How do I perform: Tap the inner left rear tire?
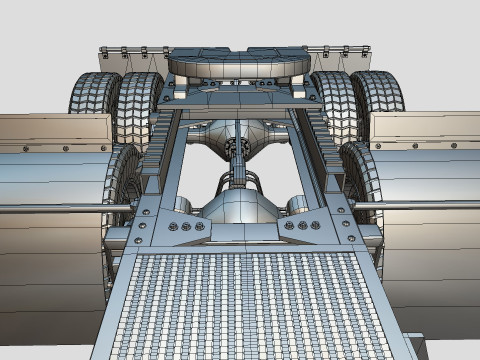[137, 105]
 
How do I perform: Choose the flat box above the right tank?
[425, 131]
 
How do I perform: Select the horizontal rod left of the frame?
[60, 208]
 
